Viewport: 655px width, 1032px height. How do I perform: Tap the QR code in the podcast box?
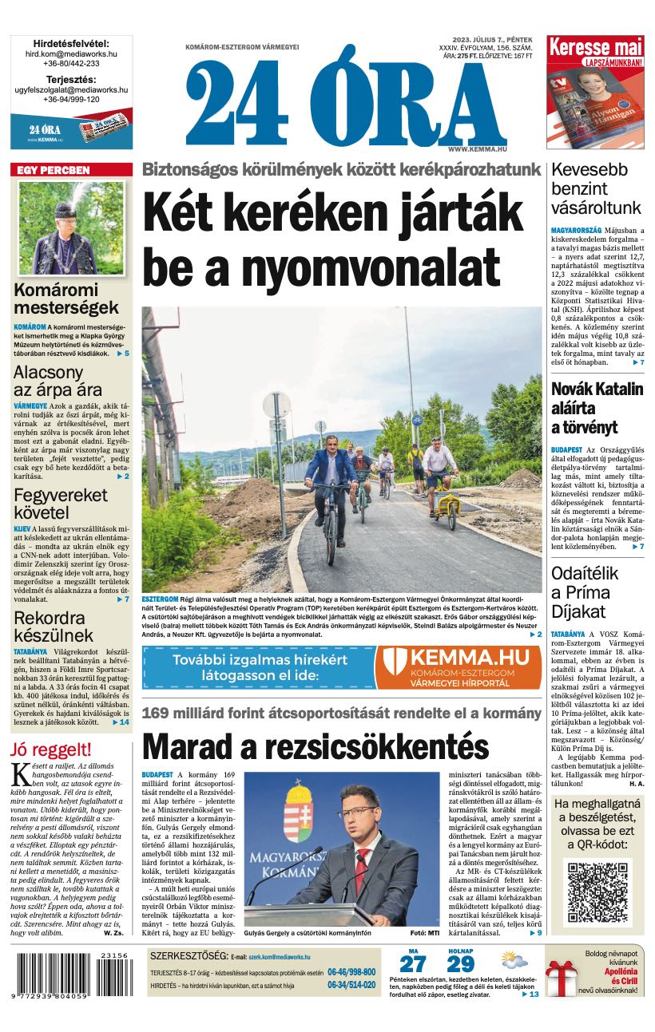pos(598,891)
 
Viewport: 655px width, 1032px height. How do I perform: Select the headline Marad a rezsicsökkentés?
pos(315,746)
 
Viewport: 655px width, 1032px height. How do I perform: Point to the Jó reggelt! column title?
pos(51,749)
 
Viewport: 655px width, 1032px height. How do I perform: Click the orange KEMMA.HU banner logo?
pos(457,666)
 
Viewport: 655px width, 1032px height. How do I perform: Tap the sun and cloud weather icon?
pos(514,960)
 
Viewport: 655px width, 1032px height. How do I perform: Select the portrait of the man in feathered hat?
pos(71,227)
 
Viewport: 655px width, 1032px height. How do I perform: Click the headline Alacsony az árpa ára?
pos(58,382)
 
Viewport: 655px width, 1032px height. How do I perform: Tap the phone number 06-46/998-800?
pos(351,972)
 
